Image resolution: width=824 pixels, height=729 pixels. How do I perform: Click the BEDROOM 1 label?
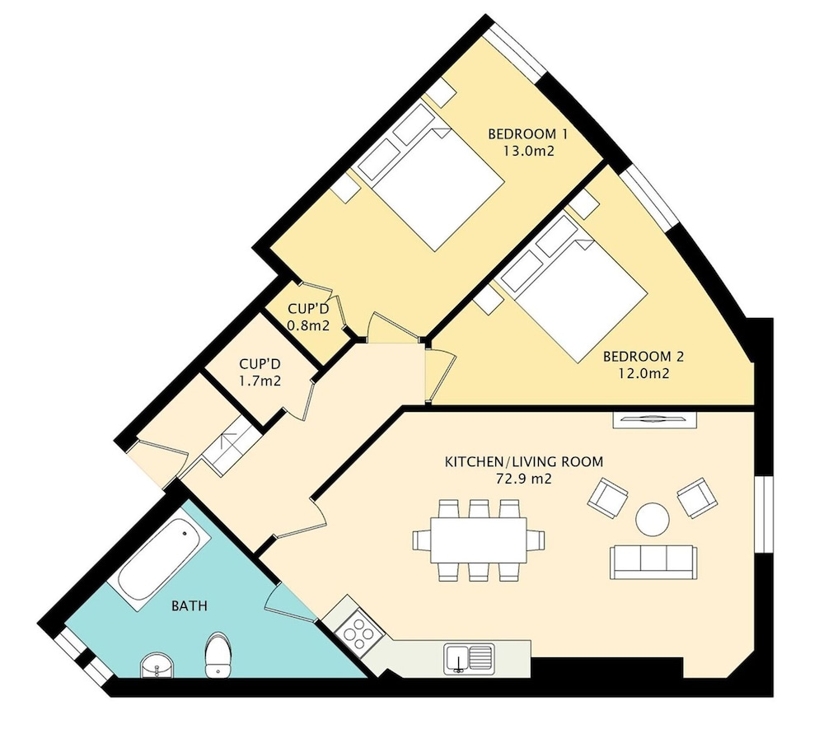527,134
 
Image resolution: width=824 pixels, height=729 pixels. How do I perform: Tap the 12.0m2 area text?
644,374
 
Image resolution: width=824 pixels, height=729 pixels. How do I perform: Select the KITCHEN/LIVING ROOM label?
524,461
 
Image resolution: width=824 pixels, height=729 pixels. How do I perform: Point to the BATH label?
190,606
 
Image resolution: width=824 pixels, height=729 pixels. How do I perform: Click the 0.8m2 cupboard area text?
308,325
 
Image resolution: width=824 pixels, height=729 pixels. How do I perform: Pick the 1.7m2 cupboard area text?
260,381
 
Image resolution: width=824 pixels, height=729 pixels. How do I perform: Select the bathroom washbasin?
157,666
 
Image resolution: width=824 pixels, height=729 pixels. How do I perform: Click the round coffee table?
652,520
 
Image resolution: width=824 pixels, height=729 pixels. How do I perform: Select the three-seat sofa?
653,563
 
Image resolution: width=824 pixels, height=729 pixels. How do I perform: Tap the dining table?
478,540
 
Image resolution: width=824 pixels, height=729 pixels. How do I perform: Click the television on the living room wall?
655,419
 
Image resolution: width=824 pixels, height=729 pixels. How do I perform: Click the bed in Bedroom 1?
431,176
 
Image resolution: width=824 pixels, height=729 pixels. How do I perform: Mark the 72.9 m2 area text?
524,479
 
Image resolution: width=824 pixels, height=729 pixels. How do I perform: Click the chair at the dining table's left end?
421,540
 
